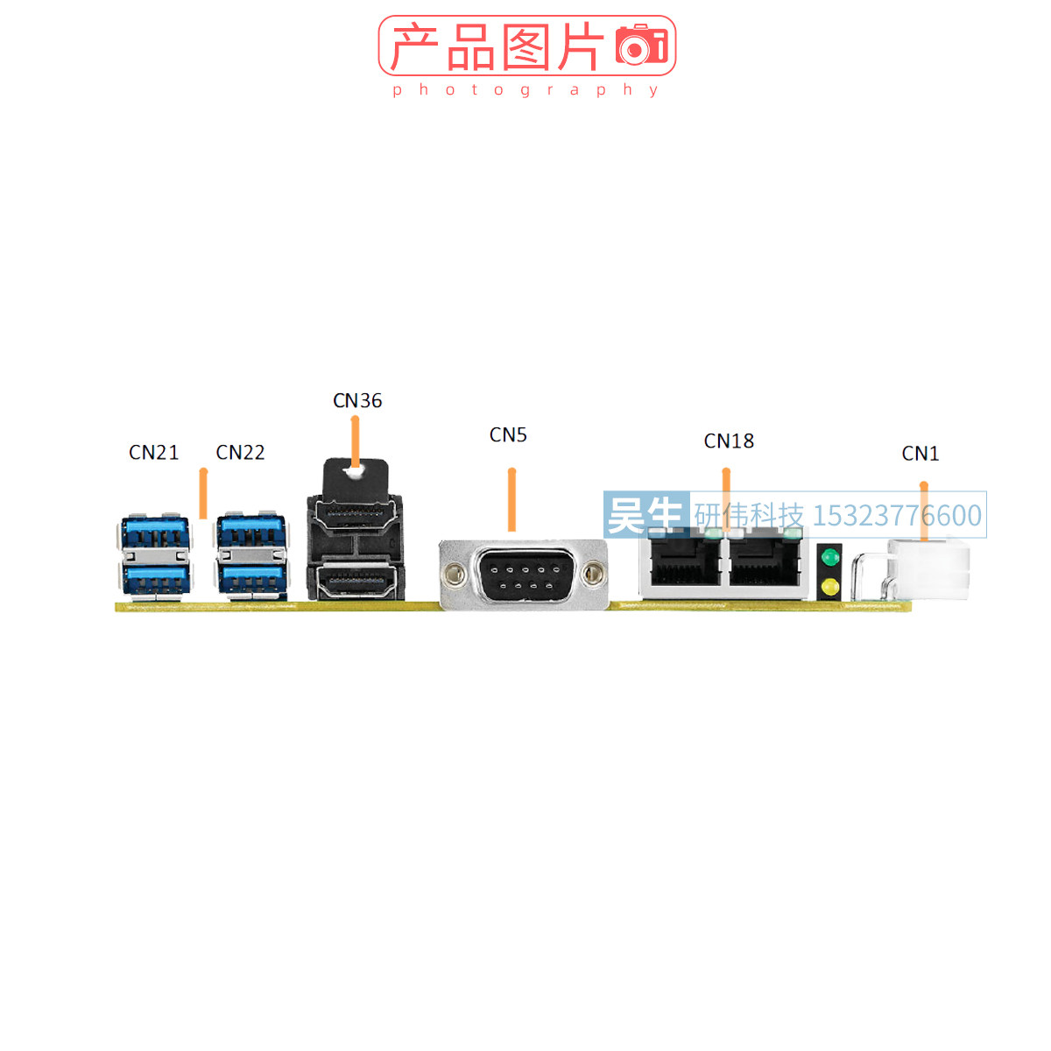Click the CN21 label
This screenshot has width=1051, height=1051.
(x=153, y=453)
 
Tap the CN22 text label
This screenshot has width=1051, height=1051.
(x=240, y=453)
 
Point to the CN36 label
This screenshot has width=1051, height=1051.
(x=357, y=401)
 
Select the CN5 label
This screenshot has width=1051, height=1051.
(x=508, y=435)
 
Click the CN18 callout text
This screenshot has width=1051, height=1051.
(x=729, y=441)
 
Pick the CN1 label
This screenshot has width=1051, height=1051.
(x=921, y=454)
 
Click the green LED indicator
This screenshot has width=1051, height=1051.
(x=829, y=557)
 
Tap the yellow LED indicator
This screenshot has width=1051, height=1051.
(x=829, y=586)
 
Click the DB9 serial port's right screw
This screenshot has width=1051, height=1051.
(x=593, y=575)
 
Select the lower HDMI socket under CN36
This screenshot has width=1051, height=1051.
(x=354, y=580)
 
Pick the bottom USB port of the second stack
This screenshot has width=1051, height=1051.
(x=251, y=578)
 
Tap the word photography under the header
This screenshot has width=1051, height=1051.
(x=525, y=89)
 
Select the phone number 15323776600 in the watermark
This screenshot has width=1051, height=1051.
(x=897, y=516)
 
